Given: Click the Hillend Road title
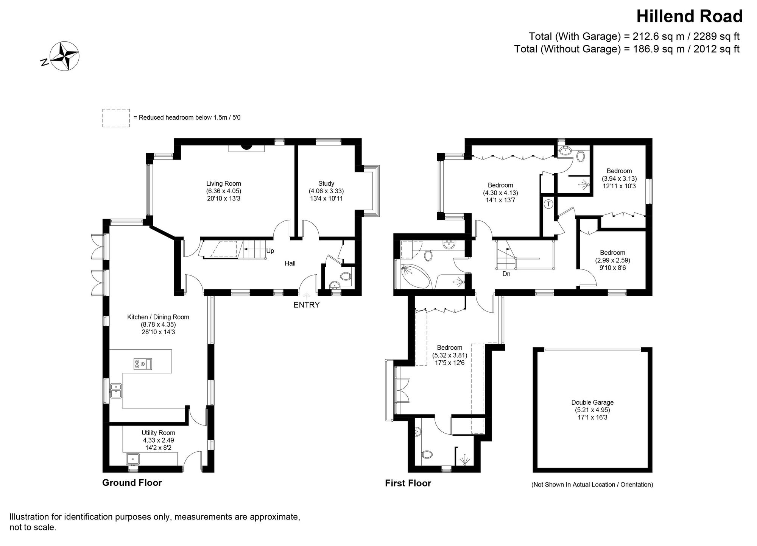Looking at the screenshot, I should [689, 17].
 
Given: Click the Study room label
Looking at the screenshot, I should [326, 184].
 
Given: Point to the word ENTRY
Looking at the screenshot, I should [307, 305].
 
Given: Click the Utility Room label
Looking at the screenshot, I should [158, 433].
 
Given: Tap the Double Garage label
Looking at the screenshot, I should [592, 402].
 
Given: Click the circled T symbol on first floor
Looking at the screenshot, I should [549, 204].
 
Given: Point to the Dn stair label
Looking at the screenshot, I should [506, 274].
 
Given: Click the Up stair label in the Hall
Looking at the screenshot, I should [270, 251].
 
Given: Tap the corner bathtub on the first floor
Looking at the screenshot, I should [414, 277].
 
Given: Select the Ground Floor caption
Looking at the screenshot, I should [132, 483].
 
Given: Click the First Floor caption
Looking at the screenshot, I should [408, 483].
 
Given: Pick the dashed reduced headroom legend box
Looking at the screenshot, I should [116, 118].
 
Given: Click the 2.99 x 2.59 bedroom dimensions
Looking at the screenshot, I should [612, 260].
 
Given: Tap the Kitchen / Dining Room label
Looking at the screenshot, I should [158, 317].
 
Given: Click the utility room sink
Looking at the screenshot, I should [133, 459].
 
